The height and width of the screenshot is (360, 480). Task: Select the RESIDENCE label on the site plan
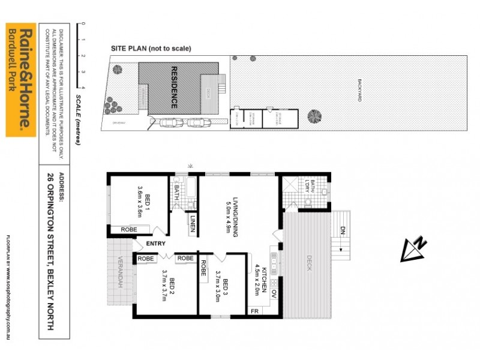[x=175, y=86]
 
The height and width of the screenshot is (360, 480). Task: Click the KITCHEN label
[x=263, y=278]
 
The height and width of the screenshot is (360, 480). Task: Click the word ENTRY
[x=155, y=244]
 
